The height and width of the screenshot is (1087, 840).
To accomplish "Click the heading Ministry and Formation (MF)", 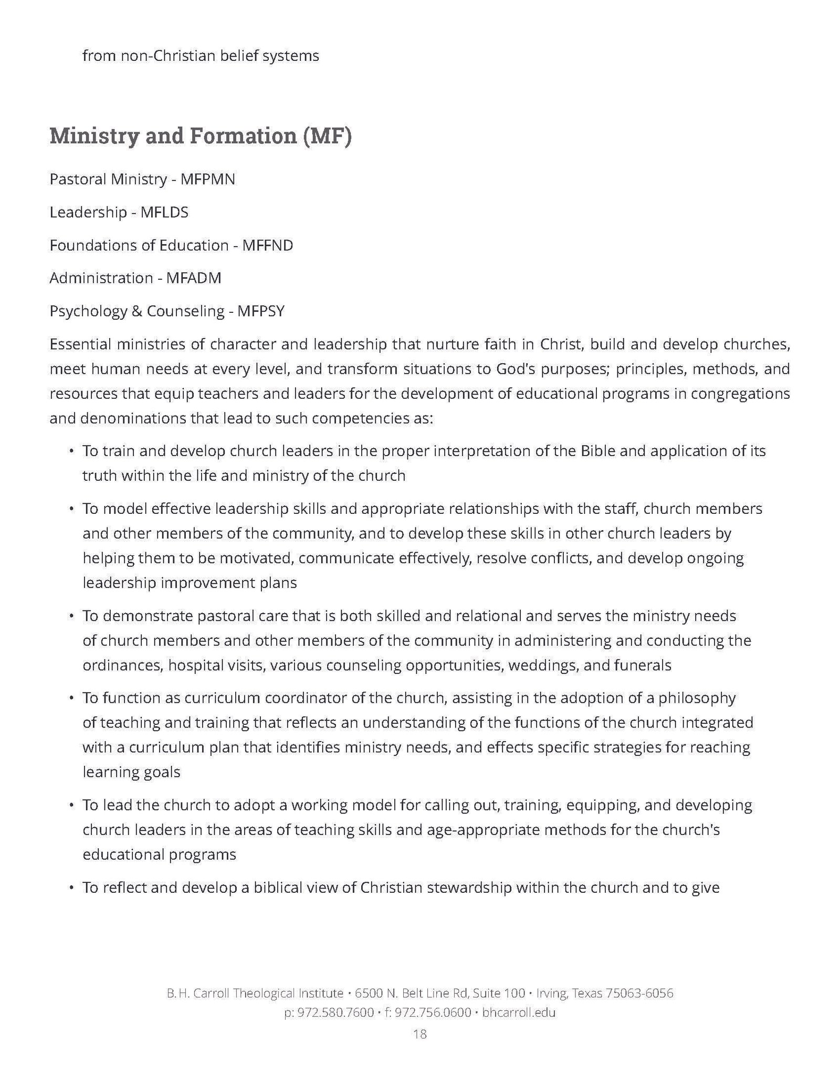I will click(200, 136).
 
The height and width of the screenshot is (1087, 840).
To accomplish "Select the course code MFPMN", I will click(207, 180).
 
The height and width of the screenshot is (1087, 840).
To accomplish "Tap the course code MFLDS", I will click(164, 213).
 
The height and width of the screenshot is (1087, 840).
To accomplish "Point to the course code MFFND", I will click(267, 246).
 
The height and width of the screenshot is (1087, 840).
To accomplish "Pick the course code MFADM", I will click(193, 278).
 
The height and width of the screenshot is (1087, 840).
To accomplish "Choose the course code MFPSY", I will click(260, 311).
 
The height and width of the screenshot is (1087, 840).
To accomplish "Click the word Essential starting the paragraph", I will click(79, 345).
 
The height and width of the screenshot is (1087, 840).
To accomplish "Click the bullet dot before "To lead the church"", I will click(70, 805).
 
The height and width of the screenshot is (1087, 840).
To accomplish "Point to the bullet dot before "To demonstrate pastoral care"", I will click(70, 616).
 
